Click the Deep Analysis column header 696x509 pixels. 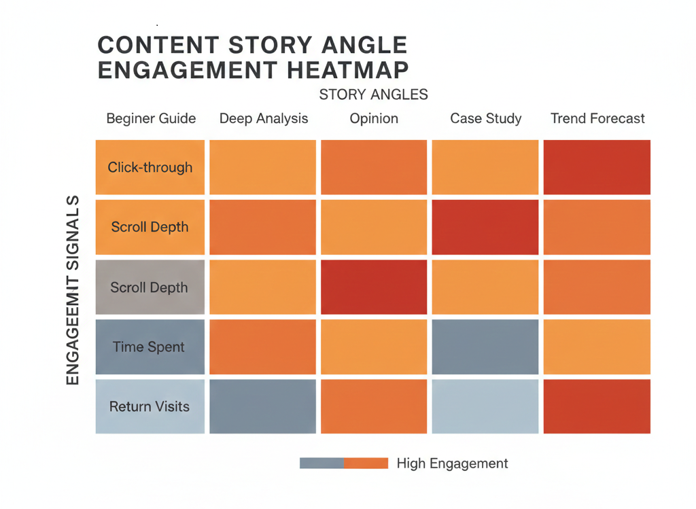pyautogui.click(x=264, y=118)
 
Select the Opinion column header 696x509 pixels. pyautogui.click(x=374, y=118)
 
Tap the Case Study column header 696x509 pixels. pyautogui.click(x=486, y=118)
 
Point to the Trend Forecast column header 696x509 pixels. pyautogui.click(x=597, y=118)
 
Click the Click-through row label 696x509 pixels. pyautogui.click(x=150, y=167)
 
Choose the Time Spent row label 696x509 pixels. pyautogui.click(x=148, y=347)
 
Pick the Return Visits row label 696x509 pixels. pyautogui.click(x=150, y=406)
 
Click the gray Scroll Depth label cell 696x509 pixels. pyautogui.click(x=150, y=287)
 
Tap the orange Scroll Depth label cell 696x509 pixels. pyautogui.click(x=150, y=227)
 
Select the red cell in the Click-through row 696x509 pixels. pyautogui.click(x=597, y=167)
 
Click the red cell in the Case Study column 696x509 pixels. pyautogui.click(x=485, y=227)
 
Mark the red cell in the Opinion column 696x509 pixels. pyautogui.click(x=374, y=287)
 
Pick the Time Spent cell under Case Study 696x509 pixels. pyautogui.click(x=485, y=347)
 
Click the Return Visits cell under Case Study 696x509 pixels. pyautogui.click(x=485, y=406)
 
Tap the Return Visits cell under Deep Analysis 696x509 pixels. pyautogui.click(x=262, y=406)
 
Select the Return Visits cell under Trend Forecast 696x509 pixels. pyautogui.click(x=597, y=406)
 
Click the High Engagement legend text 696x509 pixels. pyautogui.click(x=452, y=463)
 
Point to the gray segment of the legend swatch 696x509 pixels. pyautogui.click(x=321, y=463)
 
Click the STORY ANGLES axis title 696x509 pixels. pyautogui.click(x=373, y=94)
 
